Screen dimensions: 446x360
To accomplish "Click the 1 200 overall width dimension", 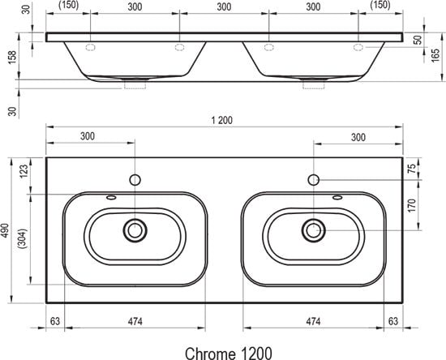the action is [222, 120].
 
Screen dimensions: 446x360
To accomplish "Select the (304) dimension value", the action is [23, 238].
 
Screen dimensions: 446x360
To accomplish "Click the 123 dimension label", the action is [24, 171].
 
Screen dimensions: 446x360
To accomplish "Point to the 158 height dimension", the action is [12, 58].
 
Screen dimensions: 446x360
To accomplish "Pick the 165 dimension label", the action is [435, 55].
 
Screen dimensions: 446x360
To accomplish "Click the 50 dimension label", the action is [418, 40].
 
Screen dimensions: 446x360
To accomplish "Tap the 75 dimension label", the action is [411, 169].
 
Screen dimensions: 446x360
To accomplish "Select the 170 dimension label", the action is [412, 205].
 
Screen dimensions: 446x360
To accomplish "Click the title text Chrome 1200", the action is [229, 354].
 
